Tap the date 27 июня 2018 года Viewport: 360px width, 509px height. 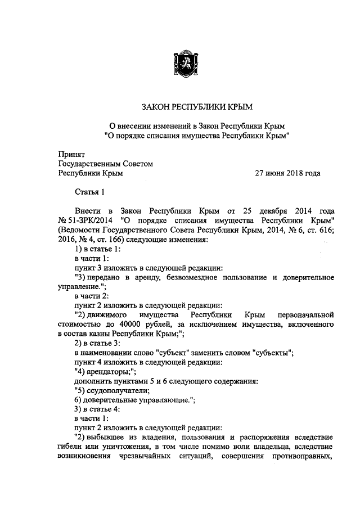coord(288,173)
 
